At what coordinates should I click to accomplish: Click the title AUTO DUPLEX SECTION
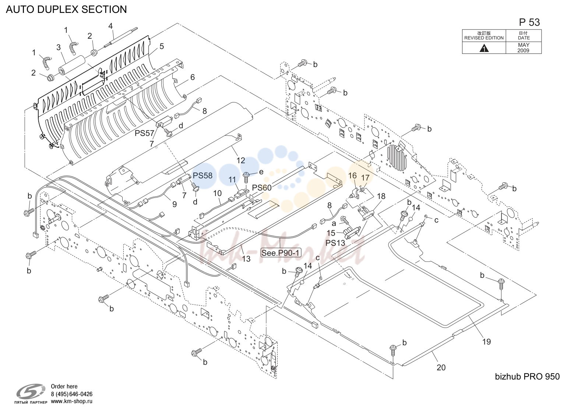click(x=66, y=9)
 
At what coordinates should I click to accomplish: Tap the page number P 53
click(x=529, y=22)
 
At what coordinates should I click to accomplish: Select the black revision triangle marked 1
click(x=484, y=48)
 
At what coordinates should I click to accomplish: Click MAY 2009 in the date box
click(x=524, y=48)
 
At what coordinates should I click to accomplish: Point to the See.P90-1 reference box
click(x=281, y=252)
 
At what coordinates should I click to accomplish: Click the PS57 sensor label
click(x=144, y=133)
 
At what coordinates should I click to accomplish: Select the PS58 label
click(x=202, y=175)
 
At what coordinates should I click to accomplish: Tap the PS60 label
click(x=262, y=188)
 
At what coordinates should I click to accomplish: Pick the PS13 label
click(x=335, y=243)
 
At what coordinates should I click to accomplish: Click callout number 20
click(x=441, y=367)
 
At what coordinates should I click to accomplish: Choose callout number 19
click(x=486, y=342)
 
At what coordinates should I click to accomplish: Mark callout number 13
click(x=246, y=259)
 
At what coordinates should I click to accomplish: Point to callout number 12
click(x=241, y=160)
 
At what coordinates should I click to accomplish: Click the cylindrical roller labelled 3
click(x=72, y=65)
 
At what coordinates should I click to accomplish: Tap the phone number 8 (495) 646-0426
click(x=72, y=394)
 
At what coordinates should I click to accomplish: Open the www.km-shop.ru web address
click(x=72, y=401)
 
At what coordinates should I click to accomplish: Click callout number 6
click(x=192, y=77)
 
